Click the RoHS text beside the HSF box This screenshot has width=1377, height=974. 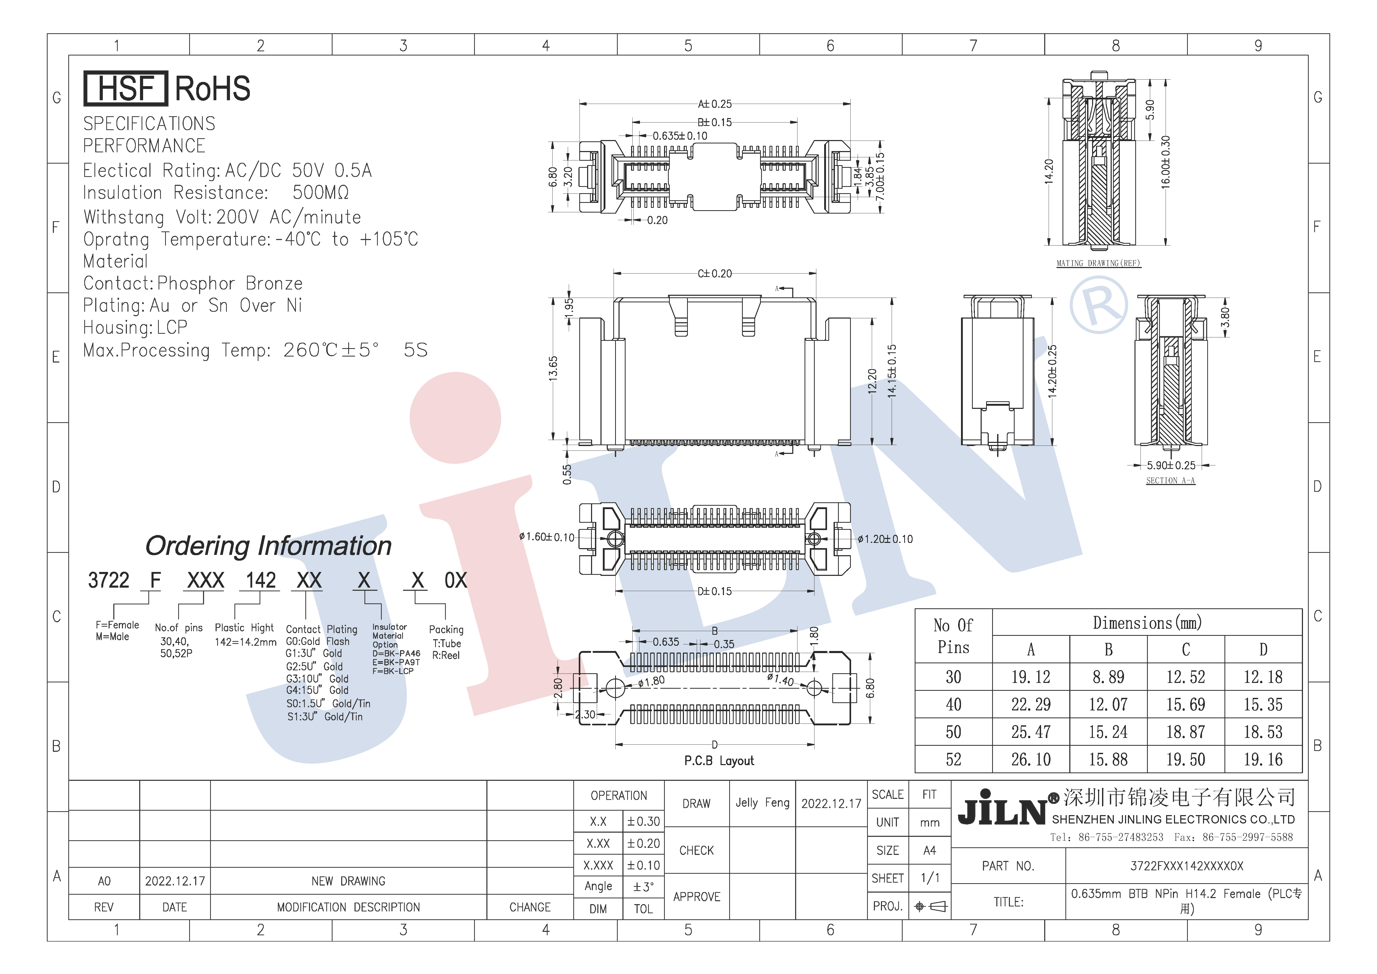(212, 89)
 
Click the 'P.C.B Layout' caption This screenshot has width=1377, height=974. (718, 761)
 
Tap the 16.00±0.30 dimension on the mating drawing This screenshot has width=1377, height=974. (1165, 162)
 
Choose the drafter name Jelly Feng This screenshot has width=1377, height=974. (762, 803)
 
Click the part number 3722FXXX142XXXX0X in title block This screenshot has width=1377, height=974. (1186, 866)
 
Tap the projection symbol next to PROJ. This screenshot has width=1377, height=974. (930, 906)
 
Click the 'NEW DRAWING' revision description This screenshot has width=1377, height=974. (349, 881)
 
